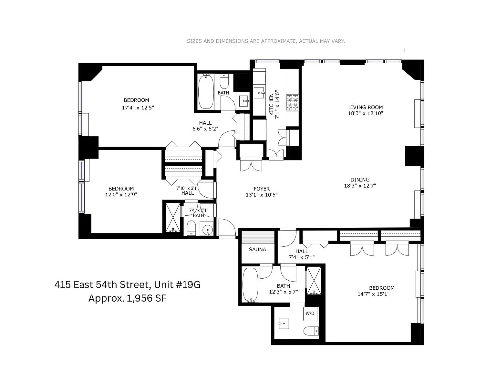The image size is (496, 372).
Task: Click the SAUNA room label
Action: click(x=257, y=249)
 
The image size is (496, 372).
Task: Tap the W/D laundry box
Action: click(x=310, y=314)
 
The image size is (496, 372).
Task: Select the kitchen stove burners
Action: click(x=293, y=103)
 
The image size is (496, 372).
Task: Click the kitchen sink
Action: click(x=259, y=93)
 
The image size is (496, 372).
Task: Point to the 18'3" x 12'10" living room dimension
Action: click(x=366, y=113)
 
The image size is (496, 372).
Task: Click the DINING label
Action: click(x=360, y=180)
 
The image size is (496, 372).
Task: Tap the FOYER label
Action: click(x=262, y=189)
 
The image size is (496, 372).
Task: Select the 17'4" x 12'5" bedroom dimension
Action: click(x=138, y=108)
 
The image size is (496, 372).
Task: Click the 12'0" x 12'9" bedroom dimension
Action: click(x=121, y=194)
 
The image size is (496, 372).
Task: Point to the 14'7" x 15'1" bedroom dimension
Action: click(x=373, y=294)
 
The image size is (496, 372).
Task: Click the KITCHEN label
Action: click(x=271, y=104)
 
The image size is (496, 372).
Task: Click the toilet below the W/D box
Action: click(x=311, y=331)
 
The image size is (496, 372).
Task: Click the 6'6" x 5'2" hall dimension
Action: click(x=205, y=129)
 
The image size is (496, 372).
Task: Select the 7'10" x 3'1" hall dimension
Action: click(x=187, y=188)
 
